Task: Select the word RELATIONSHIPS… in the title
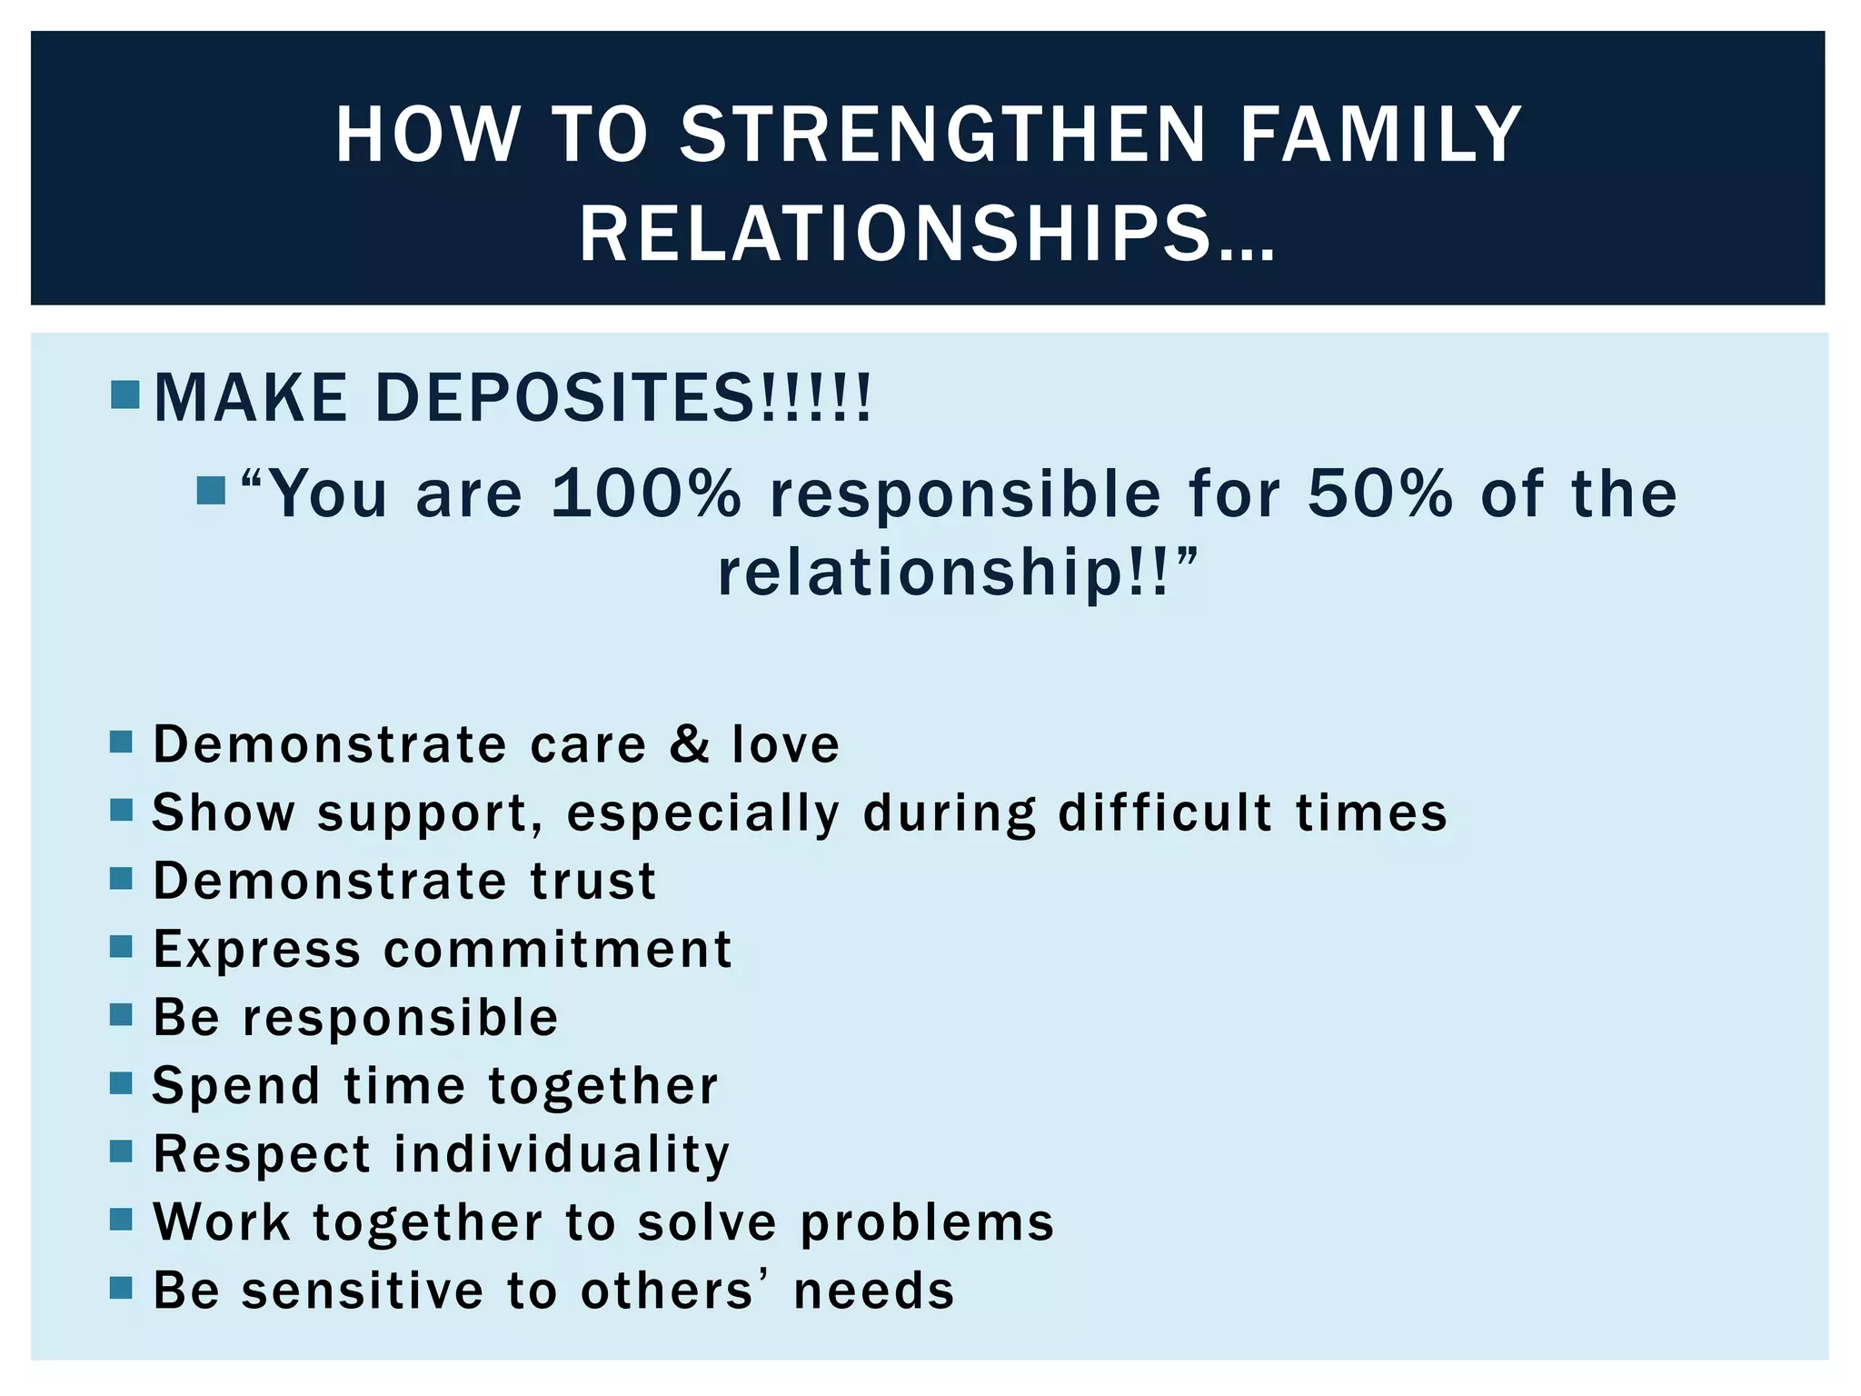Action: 927,234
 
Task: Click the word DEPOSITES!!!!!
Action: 622,398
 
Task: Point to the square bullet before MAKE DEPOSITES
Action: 124,394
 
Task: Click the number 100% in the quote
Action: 646,494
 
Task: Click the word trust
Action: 592,881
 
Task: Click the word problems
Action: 927,1223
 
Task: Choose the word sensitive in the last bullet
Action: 363,1291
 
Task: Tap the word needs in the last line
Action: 873,1291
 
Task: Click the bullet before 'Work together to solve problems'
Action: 121,1219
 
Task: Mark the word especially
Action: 703,813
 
